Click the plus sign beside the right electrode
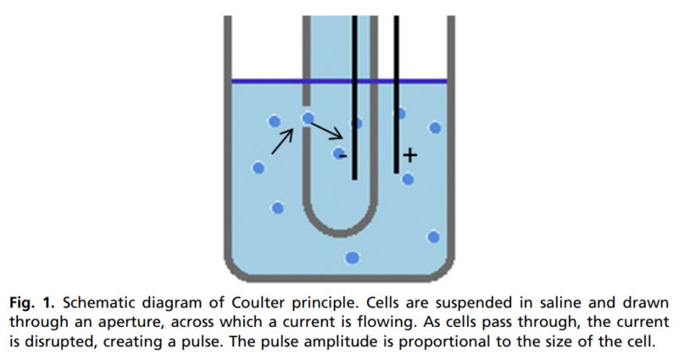(x=410, y=155)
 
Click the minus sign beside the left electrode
(x=342, y=157)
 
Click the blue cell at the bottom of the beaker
(x=353, y=257)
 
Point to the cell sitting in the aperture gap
(x=308, y=119)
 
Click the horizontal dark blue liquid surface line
(x=339, y=81)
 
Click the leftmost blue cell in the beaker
(x=259, y=168)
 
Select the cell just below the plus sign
(x=408, y=179)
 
